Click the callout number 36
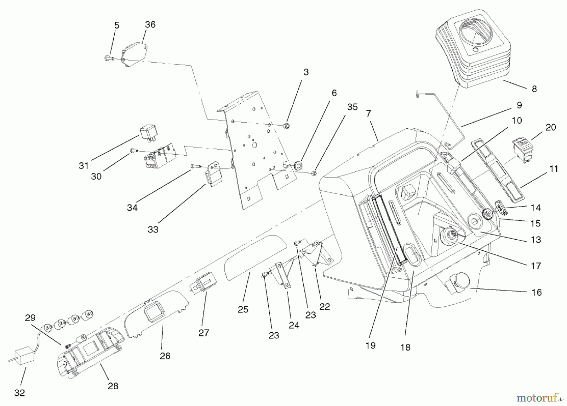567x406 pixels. (x=150, y=25)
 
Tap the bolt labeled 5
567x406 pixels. (x=108, y=58)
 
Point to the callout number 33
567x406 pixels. (x=153, y=230)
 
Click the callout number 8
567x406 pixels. (x=534, y=89)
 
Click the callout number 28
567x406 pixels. (x=113, y=386)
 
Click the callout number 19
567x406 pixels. (x=370, y=345)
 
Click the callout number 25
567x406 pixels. (x=243, y=309)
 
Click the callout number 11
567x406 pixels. (x=554, y=169)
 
